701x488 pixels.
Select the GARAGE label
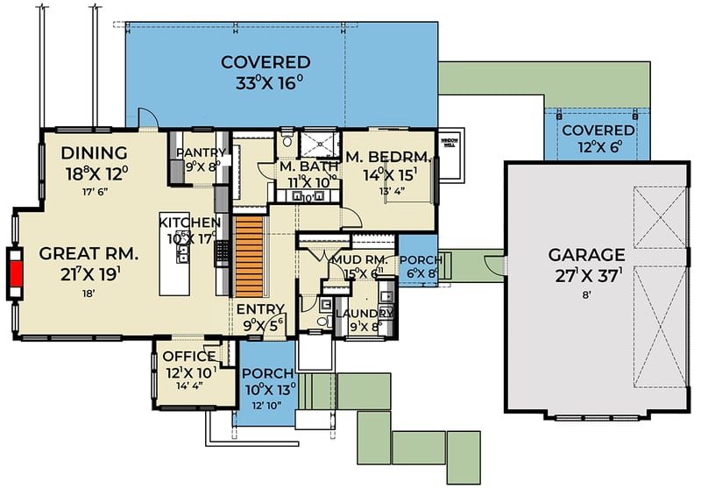(x=586, y=255)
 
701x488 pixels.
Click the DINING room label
(x=96, y=152)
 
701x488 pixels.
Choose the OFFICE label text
(x=188, y=357)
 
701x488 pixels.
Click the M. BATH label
(x=303, y=166)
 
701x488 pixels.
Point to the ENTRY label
(x=260, y=308)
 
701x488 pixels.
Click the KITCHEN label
(x=190, y=223)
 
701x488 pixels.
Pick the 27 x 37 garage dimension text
(x=586, y=276)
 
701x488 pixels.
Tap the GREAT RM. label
(x=89, y=255)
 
